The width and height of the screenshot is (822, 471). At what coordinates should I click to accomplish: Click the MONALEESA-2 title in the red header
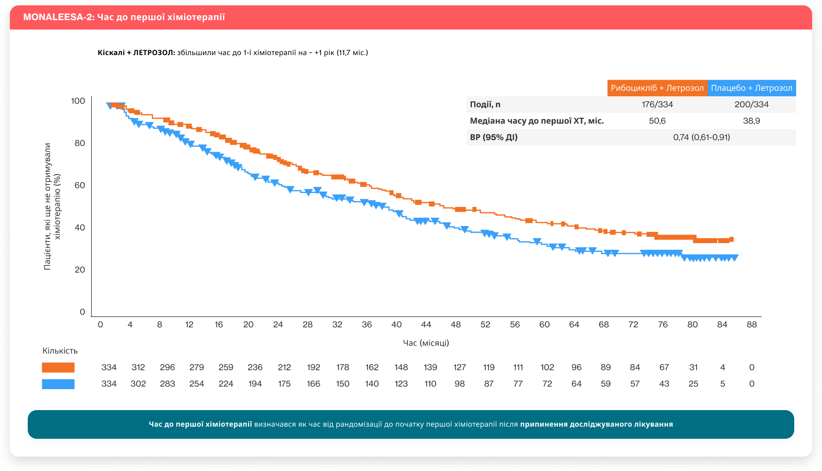124,17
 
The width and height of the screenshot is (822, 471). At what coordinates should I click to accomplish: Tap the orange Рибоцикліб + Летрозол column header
657,88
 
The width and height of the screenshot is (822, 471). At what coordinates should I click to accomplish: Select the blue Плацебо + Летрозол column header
751,88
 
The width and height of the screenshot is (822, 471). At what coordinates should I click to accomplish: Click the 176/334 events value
657,104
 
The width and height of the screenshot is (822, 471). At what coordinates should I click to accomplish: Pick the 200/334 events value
751,104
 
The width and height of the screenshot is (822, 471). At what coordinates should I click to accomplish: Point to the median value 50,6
657,121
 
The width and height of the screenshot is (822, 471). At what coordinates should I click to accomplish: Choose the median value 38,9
751,121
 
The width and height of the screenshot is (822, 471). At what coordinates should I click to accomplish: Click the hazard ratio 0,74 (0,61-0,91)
701,137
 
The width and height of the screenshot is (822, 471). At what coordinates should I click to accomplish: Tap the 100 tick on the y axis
78,101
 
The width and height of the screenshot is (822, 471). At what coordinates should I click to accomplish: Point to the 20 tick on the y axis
80,270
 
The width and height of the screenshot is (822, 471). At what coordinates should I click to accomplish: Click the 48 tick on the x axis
455,325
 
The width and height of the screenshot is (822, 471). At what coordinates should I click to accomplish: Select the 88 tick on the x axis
751,325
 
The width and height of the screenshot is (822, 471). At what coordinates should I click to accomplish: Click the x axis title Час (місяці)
426,343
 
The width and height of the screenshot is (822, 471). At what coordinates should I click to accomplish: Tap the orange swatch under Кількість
58,368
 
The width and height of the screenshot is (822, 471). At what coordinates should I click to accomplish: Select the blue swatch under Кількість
58,384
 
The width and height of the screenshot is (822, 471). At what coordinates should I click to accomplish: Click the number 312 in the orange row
138,368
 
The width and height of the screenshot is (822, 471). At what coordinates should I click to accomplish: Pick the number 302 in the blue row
138,384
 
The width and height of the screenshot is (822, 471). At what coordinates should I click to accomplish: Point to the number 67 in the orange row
664,368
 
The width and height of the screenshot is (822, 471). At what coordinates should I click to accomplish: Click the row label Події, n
485,104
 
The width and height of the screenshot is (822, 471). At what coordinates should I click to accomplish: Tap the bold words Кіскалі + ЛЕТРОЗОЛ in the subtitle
136,53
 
